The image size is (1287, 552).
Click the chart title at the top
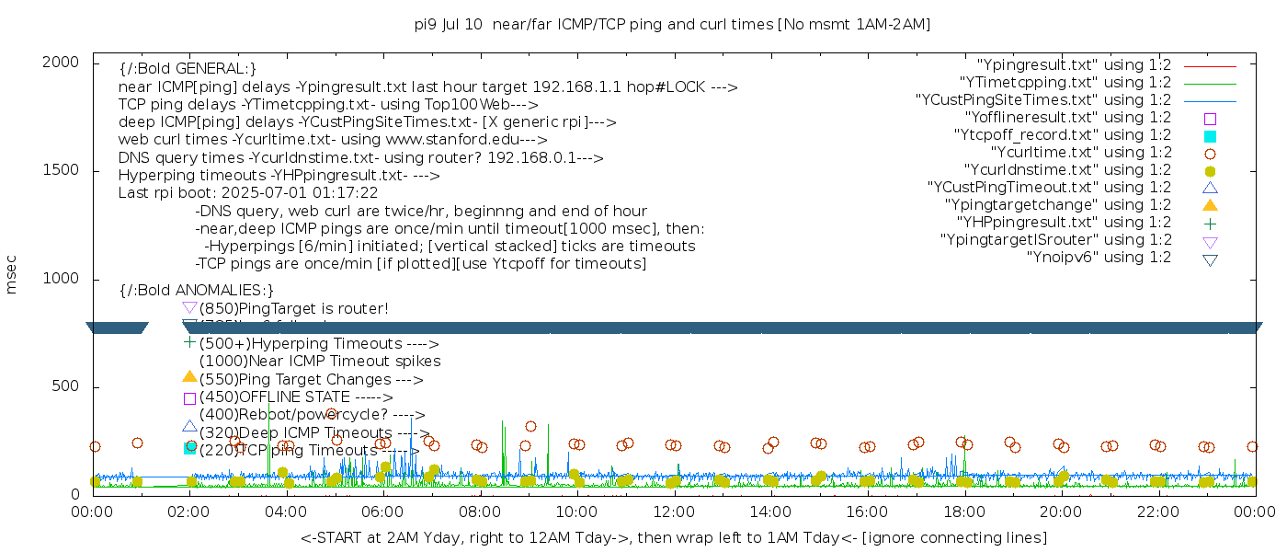672,25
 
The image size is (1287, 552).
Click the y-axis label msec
12,277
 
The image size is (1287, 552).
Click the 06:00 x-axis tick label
383,512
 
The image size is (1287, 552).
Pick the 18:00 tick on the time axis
963,512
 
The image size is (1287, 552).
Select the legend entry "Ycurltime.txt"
1080,153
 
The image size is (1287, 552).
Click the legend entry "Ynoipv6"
1099,258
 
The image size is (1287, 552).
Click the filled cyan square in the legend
1210,136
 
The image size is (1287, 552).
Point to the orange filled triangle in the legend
1210,205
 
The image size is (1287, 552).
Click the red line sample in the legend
1210,66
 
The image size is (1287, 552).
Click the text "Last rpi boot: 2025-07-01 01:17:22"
248,193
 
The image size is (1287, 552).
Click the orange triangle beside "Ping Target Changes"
189,376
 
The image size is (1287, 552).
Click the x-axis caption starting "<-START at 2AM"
673,537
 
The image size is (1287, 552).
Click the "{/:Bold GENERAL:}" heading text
188,69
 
